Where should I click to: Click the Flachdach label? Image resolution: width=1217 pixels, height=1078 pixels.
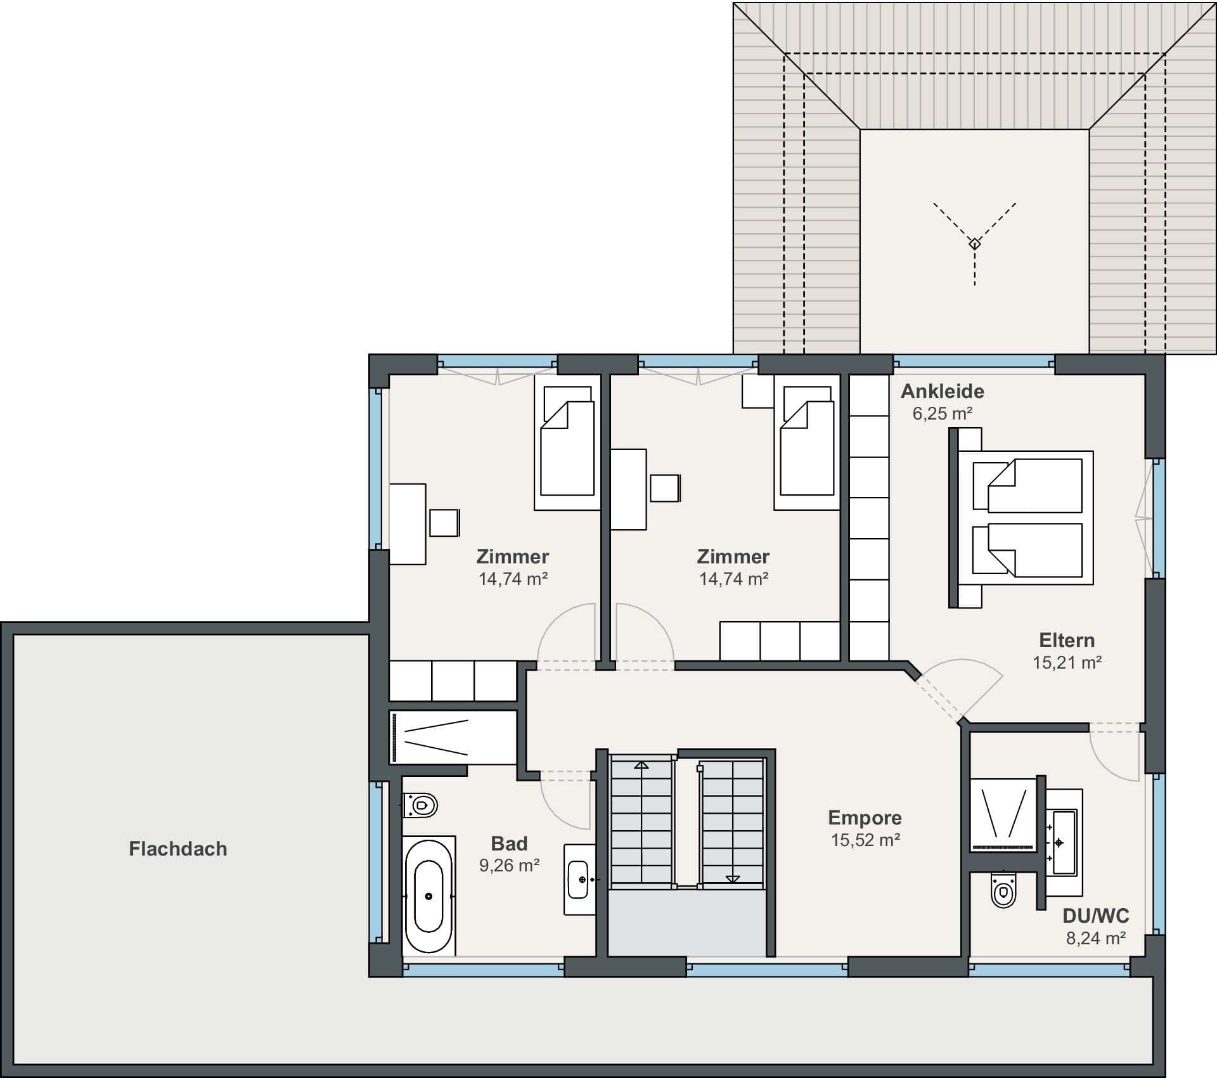[178, 849]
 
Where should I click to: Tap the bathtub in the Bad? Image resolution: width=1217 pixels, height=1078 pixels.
[429, 895]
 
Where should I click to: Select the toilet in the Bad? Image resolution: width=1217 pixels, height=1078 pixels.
[420, 805]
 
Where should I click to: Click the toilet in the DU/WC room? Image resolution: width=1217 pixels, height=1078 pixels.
[1003, 890]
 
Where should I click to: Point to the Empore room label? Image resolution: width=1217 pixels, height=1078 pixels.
[865, 818]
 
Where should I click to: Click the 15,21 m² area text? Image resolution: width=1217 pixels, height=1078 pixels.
[1067, 662]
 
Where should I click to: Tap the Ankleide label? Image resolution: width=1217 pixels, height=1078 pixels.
[943, 391]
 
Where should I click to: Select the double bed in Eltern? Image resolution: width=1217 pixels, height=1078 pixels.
[1021, 518]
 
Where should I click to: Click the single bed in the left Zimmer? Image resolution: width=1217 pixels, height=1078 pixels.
[567, 442]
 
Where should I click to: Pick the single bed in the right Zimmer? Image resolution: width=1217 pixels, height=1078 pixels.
[807, 442]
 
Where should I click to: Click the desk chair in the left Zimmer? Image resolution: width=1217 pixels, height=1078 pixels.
[444, 523]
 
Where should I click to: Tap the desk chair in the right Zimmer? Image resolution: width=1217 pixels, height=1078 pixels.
[665, 488]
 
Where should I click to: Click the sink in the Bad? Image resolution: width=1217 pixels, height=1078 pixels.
[579, 879]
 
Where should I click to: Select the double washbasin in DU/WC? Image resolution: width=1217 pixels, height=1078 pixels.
[1063, 842]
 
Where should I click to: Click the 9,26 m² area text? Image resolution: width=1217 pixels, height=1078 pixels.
[509, 866]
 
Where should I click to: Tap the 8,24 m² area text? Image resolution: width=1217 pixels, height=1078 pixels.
[1096, 938]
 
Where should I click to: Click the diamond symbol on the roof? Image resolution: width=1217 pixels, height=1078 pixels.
[975, 243]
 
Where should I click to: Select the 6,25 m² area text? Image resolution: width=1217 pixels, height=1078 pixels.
[943, 413]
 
